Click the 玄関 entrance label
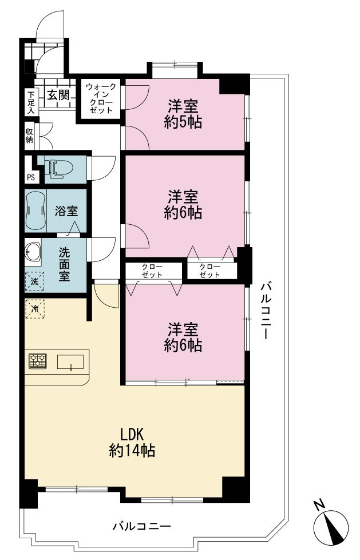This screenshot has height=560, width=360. [58, 96]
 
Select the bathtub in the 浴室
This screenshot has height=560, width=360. [35, 211]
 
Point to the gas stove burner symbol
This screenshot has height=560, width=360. [38, 361]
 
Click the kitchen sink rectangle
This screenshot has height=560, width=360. [70, 362]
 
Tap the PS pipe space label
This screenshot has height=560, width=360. [31, 177]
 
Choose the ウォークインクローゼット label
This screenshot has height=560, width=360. [101, 98]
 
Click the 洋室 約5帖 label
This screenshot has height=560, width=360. [183, 114]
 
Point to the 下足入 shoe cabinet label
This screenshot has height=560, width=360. [31, 102]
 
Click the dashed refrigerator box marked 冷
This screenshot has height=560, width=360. [35, 308]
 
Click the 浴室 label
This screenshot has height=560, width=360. [66, 211]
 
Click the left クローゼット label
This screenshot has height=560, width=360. [152, 271]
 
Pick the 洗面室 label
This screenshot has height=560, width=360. [64, 264]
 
